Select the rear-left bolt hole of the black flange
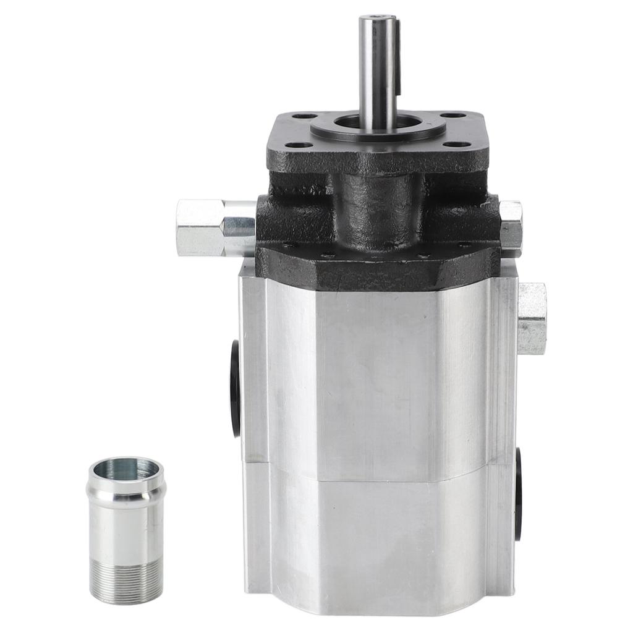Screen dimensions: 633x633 point(304,116)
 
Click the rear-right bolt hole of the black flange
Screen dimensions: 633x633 point(453,115)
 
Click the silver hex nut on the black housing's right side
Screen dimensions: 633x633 point(511,227)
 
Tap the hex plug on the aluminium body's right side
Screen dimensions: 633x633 point(531,318)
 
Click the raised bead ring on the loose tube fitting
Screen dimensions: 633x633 point(125,494)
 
